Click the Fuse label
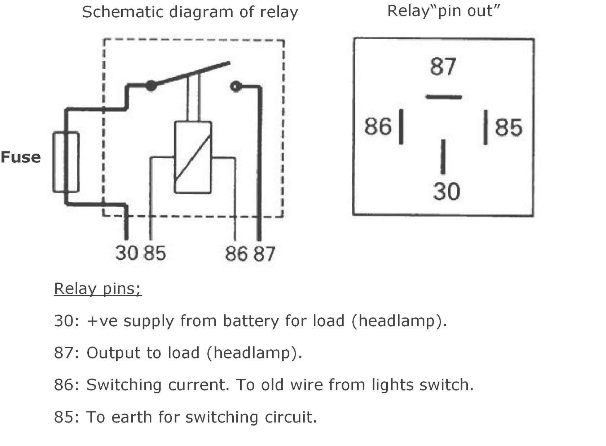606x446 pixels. point(21,157)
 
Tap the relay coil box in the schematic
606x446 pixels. point(193,157)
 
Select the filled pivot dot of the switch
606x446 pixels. point(151,86)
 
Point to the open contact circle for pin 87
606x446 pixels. point(235,87)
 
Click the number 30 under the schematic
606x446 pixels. point(127,253)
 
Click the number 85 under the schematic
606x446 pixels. point(154,253)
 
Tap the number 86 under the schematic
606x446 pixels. point(236,254)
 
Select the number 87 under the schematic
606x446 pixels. point(264,254)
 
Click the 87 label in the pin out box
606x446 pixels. point(443,67)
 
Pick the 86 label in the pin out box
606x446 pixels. point(378,126)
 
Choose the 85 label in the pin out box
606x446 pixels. point(509,127)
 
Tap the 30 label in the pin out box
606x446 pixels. point(447,191)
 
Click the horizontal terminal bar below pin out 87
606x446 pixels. point(444,97)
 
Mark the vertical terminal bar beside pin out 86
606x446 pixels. point(401,127)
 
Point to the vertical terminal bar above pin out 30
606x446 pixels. point(443,157)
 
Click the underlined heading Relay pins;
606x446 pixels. point(98,289)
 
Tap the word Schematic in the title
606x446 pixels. point(123,12)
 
